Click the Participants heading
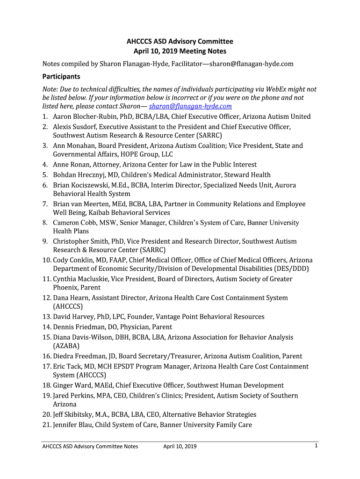(x=61, y=76)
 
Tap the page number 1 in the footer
(x=316, y=446)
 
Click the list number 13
(x=46, y=317)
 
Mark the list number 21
(x=46, y=425)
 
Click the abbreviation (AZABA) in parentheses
(x=66, y=346)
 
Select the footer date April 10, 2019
(x=180, y=446)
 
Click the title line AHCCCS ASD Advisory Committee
(x=180, y=42)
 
